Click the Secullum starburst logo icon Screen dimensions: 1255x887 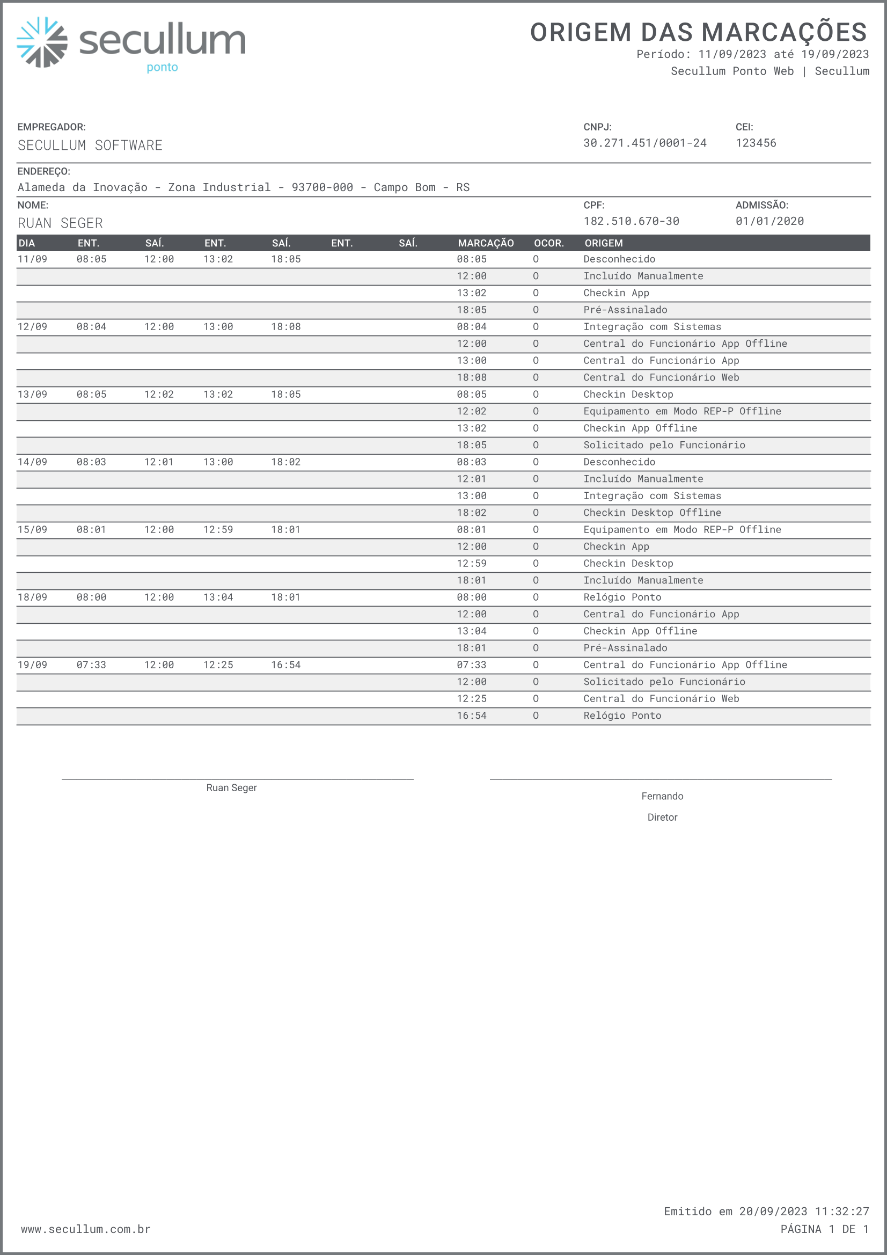click(42, 42)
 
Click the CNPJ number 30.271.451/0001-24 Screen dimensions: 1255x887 click(644, 143)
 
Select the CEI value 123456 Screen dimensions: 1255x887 click(756, 143)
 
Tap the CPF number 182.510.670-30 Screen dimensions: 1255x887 click(631, 221)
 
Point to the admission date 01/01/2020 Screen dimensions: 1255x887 click(769, 221)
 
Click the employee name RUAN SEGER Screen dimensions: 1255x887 click(60, 223)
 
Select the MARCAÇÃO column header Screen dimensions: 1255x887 click(485, 243)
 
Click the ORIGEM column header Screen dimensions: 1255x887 click(603, 243)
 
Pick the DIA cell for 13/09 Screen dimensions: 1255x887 click(32, 394)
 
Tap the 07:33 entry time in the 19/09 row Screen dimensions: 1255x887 click(91, 665)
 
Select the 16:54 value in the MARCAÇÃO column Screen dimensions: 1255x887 click(472, 716)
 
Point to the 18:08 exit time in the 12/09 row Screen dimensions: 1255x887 click(286, 327)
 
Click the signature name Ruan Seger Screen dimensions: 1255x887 click(231, 787)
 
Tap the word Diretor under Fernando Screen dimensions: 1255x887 click(662, 817)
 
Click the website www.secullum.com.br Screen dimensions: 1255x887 click(86, 1229)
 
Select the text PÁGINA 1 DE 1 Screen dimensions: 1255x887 click(824, 1229)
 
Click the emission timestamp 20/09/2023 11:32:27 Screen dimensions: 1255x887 click(803, 1212)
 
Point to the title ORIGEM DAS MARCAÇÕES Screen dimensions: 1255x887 click(698, 32)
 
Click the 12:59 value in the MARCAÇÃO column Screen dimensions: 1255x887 click(472, 564)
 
